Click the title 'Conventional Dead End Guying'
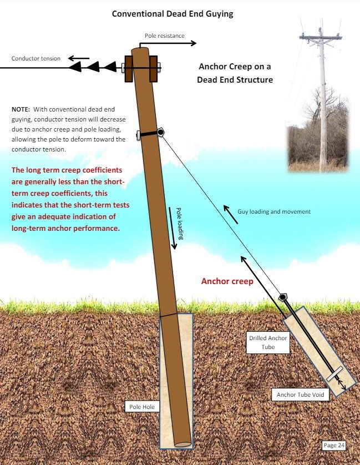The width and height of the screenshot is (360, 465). click(173, 14)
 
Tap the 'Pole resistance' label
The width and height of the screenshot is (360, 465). click(165, 36)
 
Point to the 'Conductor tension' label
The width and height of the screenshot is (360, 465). click(36, 58)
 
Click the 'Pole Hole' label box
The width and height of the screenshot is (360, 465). click(142, 407)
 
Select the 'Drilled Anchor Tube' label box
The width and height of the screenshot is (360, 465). click(268, 342)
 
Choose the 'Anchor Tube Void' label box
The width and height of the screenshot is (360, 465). click(300, 395)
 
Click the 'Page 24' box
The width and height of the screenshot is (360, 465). click(334, 445)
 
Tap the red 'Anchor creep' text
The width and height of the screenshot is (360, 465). click(227, 281)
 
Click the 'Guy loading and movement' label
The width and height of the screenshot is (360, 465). click(274, 211)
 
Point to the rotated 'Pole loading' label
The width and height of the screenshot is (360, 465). click(179, 223)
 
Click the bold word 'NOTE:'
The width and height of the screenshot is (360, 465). click(21, 109)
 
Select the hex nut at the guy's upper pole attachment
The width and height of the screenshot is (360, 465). click(160, 132)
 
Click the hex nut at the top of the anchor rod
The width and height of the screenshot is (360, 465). click(283, 297)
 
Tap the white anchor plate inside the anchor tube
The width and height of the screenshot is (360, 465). click(334, 373)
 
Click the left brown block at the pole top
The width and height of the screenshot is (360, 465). click(128, 69)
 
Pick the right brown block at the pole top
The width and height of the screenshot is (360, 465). click(153, 69)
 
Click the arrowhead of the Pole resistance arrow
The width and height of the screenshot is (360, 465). click(194, 43)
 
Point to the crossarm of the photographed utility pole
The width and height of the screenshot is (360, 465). click(321, 37)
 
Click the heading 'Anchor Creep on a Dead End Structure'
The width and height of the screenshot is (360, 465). click(235, 73)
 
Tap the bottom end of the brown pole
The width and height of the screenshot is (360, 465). click(182, 444)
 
